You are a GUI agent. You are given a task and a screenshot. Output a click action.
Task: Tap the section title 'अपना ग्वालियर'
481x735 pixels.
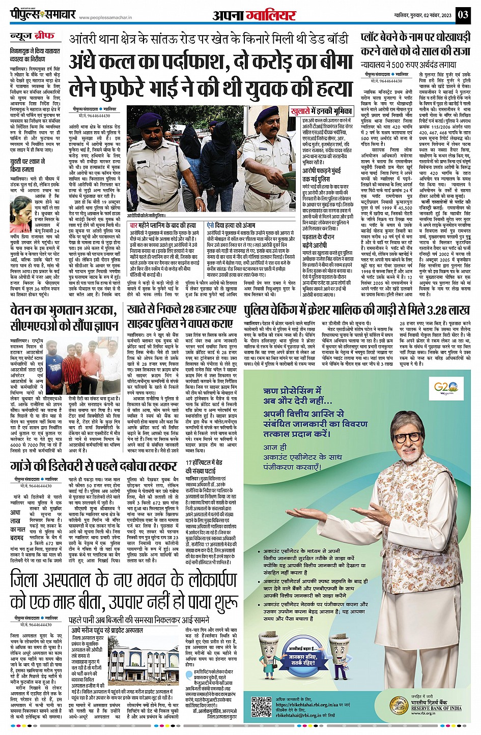pyautogui.click(x=253, y=15)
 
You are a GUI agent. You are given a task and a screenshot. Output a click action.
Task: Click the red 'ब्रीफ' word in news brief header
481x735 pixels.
pyautogui.click(x=45, y=37)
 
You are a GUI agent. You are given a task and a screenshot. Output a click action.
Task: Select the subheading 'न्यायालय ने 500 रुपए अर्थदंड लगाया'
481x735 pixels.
pyautogui.click(x=408, y=66)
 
